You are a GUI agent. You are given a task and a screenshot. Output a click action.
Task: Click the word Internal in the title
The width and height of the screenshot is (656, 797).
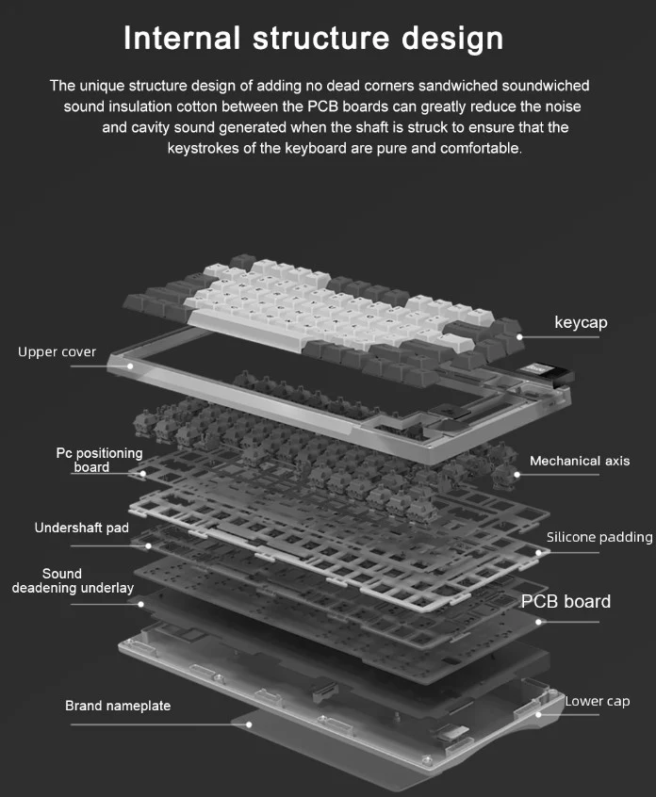click(x=182, y=38)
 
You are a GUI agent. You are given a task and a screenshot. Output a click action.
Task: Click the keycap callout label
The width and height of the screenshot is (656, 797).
click(x=581, y=323)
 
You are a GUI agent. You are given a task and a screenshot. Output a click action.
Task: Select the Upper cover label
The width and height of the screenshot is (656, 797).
click(x=57, y=351)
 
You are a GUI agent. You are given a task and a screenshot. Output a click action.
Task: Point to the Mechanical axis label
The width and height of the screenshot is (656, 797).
click(x=580, y=461)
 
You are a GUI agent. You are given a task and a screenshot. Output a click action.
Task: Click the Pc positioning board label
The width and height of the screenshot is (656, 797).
click(x=99, y=460)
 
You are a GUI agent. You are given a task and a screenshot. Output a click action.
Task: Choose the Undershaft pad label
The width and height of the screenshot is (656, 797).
click(x=81, y=529)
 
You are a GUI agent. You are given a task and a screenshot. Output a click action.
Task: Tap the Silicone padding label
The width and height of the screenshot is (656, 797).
click(x=599, y=537)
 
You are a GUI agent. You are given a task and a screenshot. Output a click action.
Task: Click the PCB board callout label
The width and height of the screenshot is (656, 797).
click(x=566, y=602)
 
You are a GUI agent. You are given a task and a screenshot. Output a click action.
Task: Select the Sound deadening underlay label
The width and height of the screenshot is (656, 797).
click(x=73, y=581)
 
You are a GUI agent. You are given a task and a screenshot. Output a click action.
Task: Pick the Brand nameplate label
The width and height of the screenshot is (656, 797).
click(x=118, y=706)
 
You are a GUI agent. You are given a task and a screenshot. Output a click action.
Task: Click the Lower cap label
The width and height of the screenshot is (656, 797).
click(x=598, y=702)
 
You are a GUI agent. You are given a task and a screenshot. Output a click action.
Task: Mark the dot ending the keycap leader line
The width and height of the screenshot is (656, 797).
click(x=519, y=336)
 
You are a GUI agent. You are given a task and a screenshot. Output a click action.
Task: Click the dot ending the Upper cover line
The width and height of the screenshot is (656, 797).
click(x=130, y=366)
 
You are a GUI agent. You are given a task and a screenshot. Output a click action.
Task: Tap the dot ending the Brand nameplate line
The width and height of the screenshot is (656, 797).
click(x=249, y=724)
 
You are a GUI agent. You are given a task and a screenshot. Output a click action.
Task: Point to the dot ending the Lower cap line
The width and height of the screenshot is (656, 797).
click(x=539, y=715)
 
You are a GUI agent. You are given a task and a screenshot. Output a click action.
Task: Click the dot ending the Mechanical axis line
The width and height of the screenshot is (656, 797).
click(x=517, y=475)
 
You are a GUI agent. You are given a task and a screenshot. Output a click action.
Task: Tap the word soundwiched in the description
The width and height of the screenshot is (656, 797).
click(x=546, y=86)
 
